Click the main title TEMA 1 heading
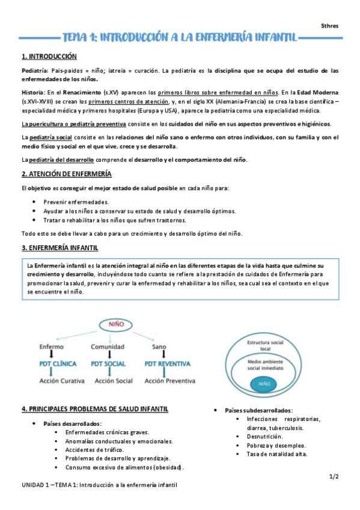pos(180,38)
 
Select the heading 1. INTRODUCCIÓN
pos(49,57)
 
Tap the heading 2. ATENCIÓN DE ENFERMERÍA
pos(66,174)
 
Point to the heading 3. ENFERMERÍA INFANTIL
pos(60,248)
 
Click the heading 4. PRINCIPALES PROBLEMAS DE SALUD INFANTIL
pos(95,410)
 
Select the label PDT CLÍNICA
pos(56,364)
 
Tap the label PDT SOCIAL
pos(108,364)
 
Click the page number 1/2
pos(334,476)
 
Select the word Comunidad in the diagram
pos(108,347)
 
